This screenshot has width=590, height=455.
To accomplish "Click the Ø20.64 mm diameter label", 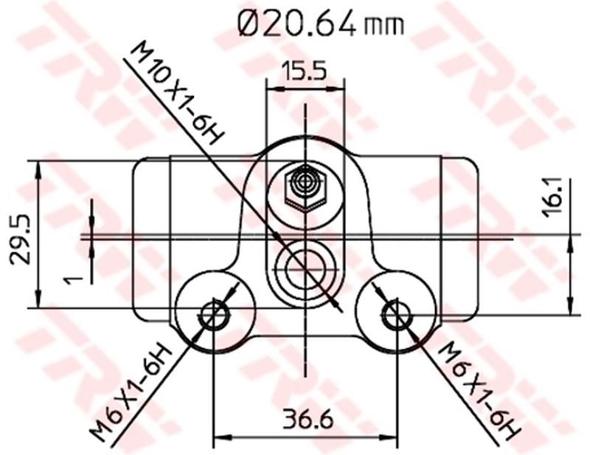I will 321,24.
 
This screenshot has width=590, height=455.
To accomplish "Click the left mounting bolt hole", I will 215,315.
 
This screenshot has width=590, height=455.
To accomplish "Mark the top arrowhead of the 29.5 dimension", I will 38,165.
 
